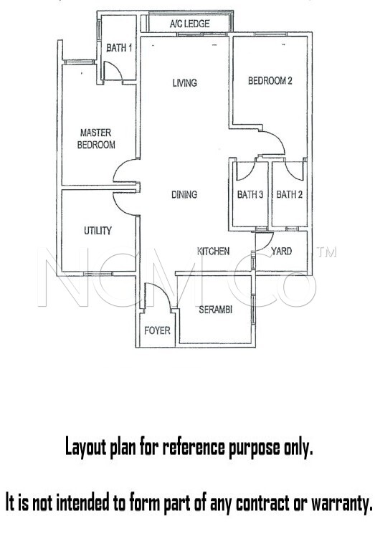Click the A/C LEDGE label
[x=189, y=24]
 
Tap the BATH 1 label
[x=119, y=48]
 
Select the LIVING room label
[x=184, y=83]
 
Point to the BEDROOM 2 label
[x=270, y=81]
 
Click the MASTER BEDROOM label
[x=97, y=138]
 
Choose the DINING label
[x=184, y=195]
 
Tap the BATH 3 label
[x=250, y=195]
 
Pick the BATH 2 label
[x=288, y=195]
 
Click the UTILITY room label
[x=98, y=231]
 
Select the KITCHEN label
[x=213, y=252]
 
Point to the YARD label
[x=281, y=252]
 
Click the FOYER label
[x=157, y=330]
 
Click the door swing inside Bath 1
[x=112, y=70]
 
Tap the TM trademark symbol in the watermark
[x=326, y=253]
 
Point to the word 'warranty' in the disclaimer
[x=338, y=503]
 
